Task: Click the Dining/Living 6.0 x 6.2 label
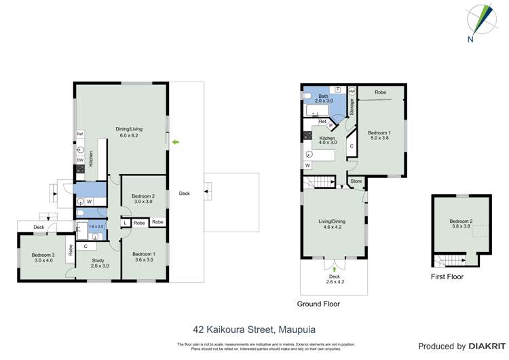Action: (x=124, y=132)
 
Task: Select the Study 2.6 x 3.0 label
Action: (x=100, y=262)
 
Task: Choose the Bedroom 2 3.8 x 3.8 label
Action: (x=460, y=224)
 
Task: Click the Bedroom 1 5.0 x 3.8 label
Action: (x=379, y=135)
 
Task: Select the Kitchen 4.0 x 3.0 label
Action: (x=328, y=141)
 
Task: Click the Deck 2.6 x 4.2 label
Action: (x=334, y=279)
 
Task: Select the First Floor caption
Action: (x=447, y=277)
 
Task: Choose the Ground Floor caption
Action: (x=318, y=304)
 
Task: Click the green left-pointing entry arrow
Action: (x=176, y=141)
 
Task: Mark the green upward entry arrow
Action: (x=334, y=269)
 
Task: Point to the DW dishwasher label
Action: (x=79, y=160)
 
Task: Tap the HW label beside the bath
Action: (x=352, y=91)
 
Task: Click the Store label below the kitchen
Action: (x=356, y=181)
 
